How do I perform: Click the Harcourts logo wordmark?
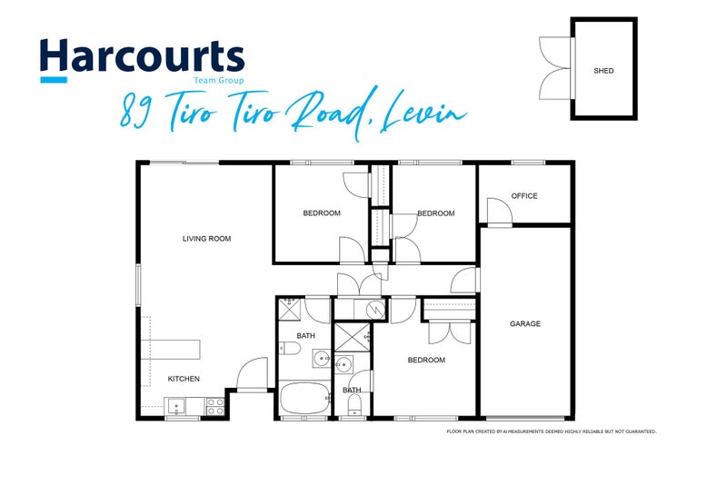pyautogui.click(x=143, y=55)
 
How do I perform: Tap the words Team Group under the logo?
pyautogui.click(x=218, y=81)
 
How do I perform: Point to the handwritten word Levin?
pyautogui.click(x=422, y=113)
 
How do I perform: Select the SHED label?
pyautogui.click(x=603, y=71)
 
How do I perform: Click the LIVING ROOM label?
pyautogui.click(x=207, y=239)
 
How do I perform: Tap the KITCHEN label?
pyautogui.click(x=184, y=379)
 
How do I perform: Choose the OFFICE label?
pyautogui.click(x=524, y=196)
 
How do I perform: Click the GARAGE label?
pyautogui.click(x=525, y=324)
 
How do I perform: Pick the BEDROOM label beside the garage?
pyautogui.click(x=426, y=360)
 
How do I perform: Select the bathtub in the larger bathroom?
pyautogui.click(x=304, y=399)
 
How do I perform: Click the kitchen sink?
pyautogui.click(x=175, y=407)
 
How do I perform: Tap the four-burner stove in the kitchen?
pyautogui.click(x=215, y=407)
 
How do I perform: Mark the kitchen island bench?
pyautogui.click(x=171, y=350)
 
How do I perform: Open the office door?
pyautogui.click(x=499, y=213)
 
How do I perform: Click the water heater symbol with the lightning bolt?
pyautogui.click(x=374, y=309)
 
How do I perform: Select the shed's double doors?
pyautogui.click(x=556, y=68)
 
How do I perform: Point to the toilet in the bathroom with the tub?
pyautogui.click(x=289, y=349)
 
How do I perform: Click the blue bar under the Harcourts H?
pyautogui.click(x=54, y=80)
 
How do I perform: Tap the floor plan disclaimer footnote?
pyautogui.click(x=552, y=431)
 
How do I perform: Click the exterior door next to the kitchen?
pyautogui.click(x=253, y=375)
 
